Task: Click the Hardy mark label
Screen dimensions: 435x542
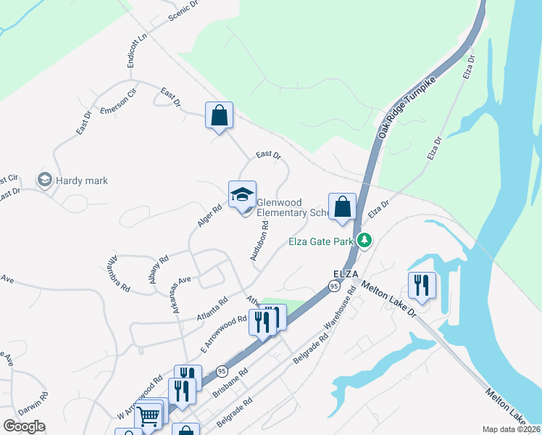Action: pos(82,181)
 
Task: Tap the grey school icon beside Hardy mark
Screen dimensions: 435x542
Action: pos(45,180)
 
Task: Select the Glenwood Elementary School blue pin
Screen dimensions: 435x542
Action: pos(242,195)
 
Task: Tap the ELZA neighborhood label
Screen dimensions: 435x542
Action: pos(346,273)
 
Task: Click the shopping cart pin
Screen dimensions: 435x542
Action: pos(148,416)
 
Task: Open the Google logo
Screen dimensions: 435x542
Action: pos(24,426)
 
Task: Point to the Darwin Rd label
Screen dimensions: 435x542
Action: pos(33,404)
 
